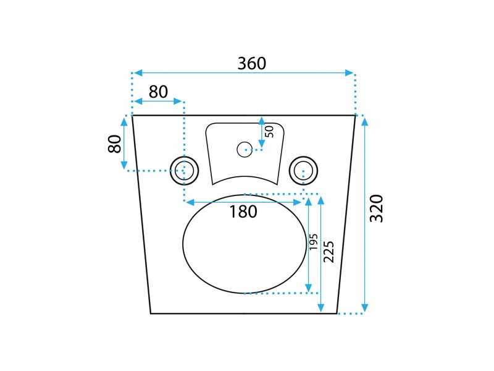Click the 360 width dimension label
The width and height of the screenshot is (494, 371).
point(252,64)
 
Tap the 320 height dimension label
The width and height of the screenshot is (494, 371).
point(377,208)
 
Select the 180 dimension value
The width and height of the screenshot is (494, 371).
point(243,211)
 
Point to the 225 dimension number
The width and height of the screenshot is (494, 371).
point(329,252)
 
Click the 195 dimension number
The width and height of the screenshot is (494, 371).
point(313,242)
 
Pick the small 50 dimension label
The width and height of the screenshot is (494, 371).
point(269,132)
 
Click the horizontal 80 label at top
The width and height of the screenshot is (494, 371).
point(158,92)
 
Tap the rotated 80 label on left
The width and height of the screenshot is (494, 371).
point(114,144)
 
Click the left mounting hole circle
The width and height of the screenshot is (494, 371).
point(184,171)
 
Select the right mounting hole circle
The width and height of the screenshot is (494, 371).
point(303,171)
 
